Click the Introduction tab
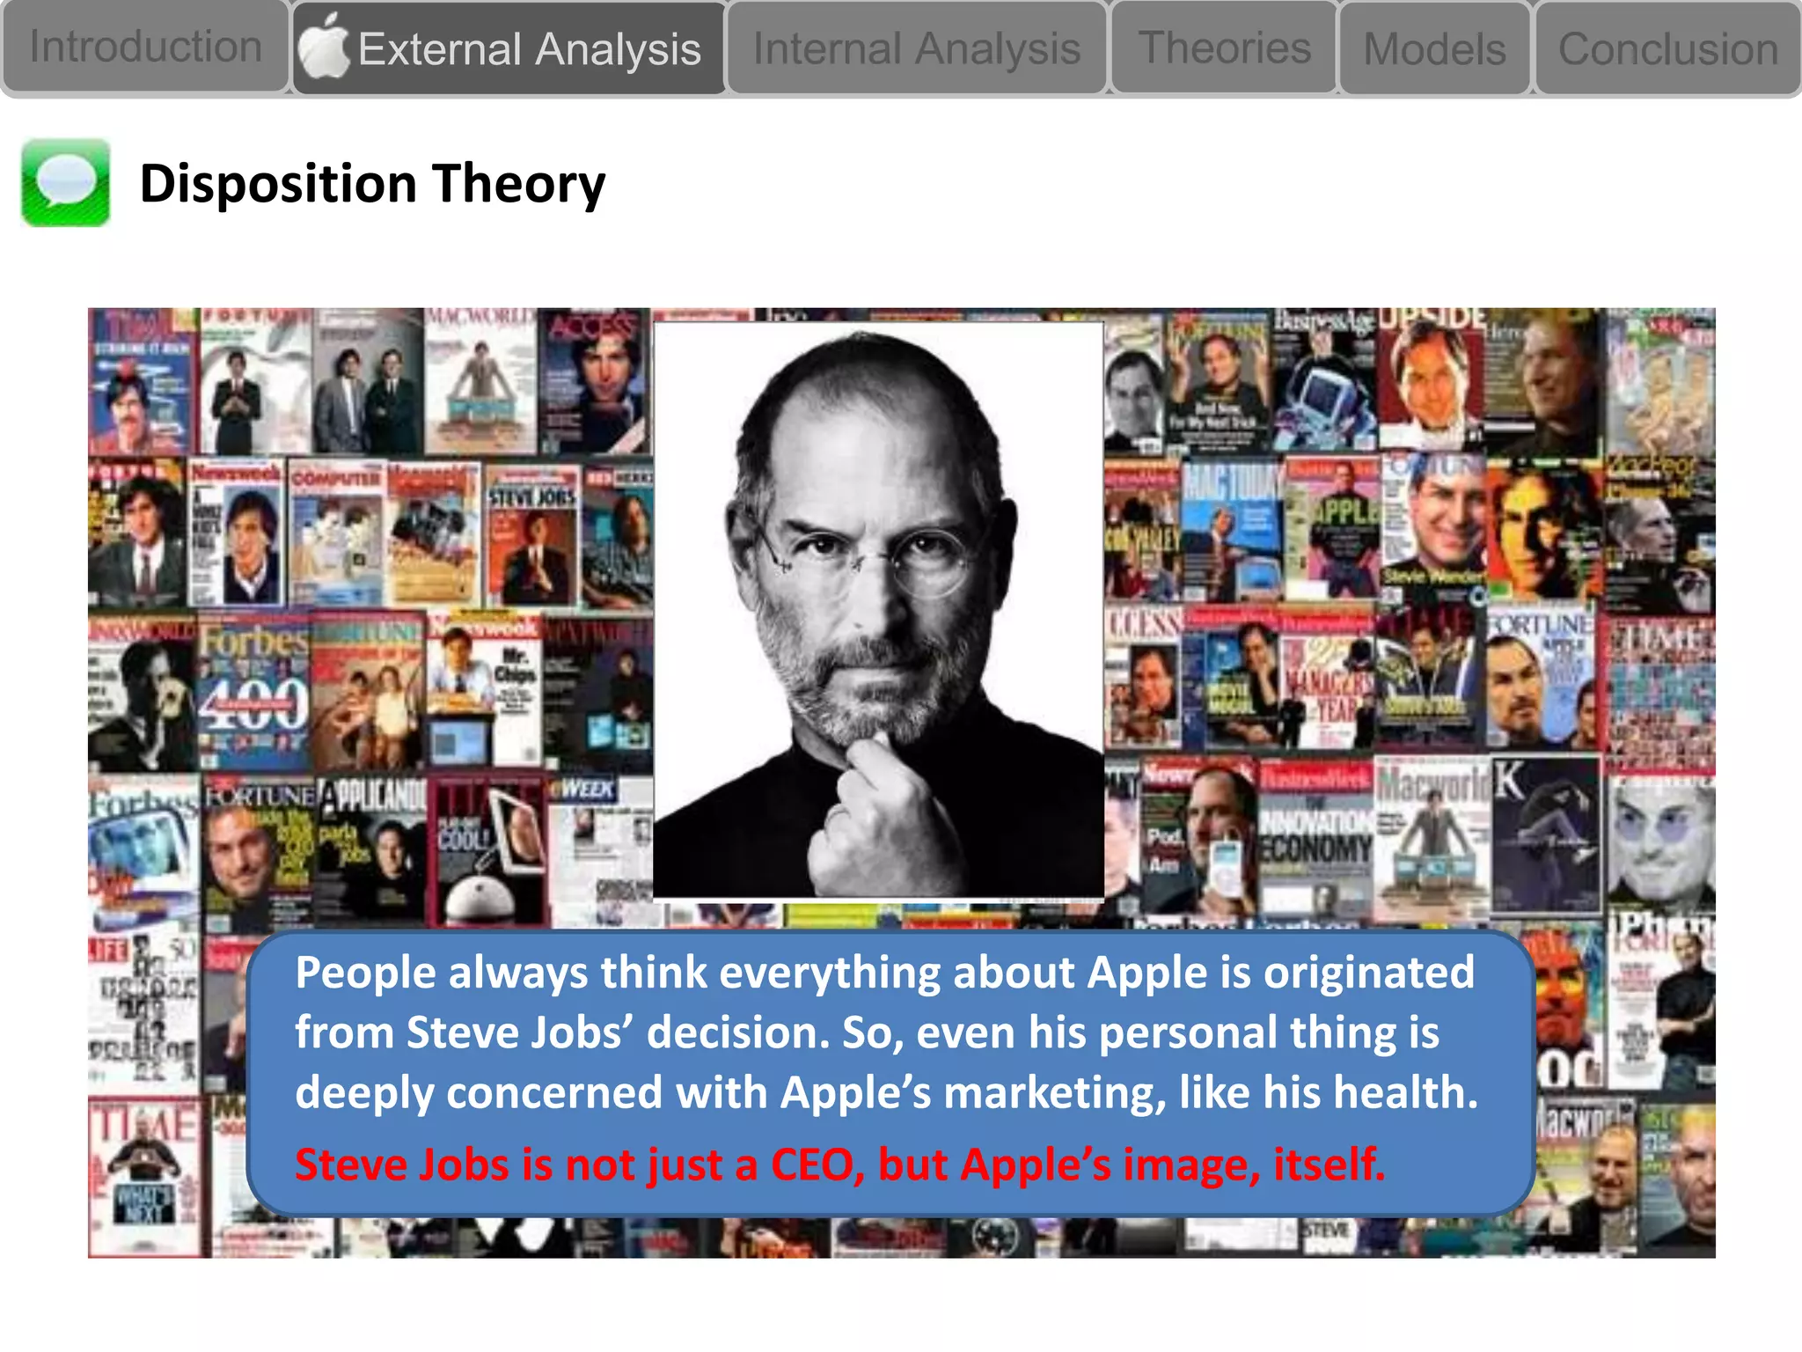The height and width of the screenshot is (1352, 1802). [x=145, y=47]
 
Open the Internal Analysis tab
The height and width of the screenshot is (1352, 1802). [x=916, y=48]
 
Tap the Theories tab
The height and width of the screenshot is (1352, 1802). [x=1224, y=48]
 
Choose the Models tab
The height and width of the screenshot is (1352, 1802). [x=1434, y=49]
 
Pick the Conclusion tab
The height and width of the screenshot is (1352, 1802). [x=1667, y=49]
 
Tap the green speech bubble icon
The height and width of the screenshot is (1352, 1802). [x=66, y=183]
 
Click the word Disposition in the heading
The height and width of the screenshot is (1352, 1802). [x=278, y=184]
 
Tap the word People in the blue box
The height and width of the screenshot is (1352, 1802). [x=365, y=973]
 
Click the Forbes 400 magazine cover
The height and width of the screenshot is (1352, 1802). [x=253, y=691]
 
